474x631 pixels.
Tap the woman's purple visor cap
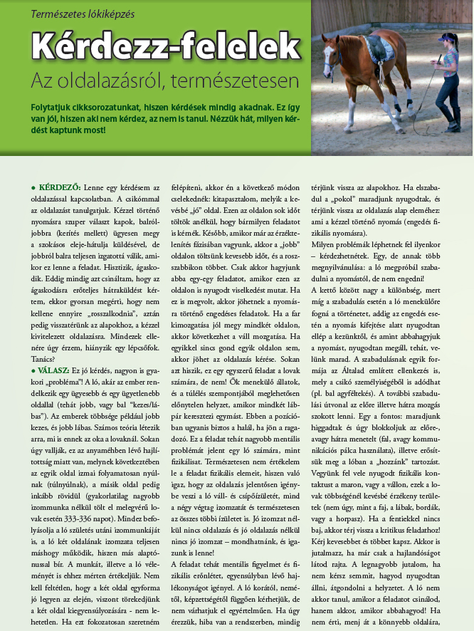(x=447, y=38)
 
